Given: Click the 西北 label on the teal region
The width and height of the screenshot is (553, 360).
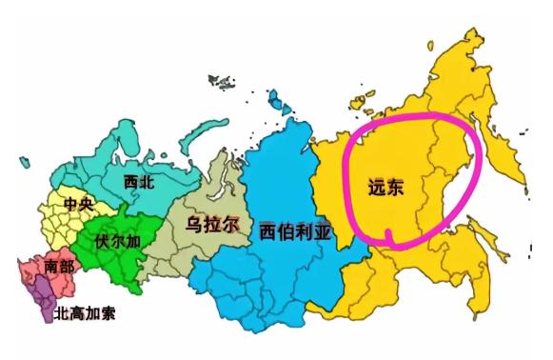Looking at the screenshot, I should coord(139,180).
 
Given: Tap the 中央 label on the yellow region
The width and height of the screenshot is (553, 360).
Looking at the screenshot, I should coord(78,204).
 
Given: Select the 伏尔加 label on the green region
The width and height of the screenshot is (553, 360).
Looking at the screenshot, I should coord(118,240).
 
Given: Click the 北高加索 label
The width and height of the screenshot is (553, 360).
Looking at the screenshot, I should coord(85,312).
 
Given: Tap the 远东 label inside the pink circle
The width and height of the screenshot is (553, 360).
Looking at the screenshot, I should coord(386,188).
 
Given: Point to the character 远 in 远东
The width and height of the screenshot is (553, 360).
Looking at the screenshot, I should coord(377,188).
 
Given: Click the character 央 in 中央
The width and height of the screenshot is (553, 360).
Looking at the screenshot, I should coord(87,204).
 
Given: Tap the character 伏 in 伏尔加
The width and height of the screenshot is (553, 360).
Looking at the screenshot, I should coord(103,240).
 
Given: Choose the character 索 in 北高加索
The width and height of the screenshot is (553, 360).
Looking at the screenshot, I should coord(108,312).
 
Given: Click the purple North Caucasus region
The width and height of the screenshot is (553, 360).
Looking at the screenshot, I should coord(43,303).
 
